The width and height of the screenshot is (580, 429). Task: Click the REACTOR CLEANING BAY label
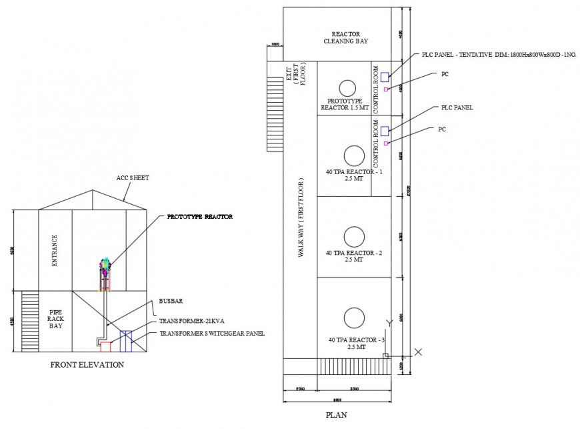[x=345, y=37]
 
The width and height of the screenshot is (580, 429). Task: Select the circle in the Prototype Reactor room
[x=346, y=87]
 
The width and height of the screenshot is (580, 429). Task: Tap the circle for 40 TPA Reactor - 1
[x=354, y=155]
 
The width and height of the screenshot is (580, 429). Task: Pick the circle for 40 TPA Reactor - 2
[x=354, y=236]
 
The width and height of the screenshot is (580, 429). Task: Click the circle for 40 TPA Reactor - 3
[x=354, y=317]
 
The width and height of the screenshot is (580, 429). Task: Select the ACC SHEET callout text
[x=132, y=178]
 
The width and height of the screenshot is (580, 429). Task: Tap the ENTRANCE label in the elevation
[x=55, y=250]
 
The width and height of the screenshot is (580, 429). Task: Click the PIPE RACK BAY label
[x=55, y=320]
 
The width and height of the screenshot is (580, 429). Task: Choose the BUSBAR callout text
[x=169, y=301]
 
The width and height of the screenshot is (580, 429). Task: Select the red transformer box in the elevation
[x=105, y=346]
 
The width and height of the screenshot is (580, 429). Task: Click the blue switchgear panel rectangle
[x=125, y=340]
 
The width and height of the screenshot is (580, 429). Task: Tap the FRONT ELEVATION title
[x=87, y=365]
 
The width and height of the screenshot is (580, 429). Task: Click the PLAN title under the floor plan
[x=335, y=414]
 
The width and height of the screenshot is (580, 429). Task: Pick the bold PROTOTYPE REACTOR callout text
[x=199, y=217]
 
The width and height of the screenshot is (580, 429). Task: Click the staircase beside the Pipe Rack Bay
[x=31, y=308]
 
